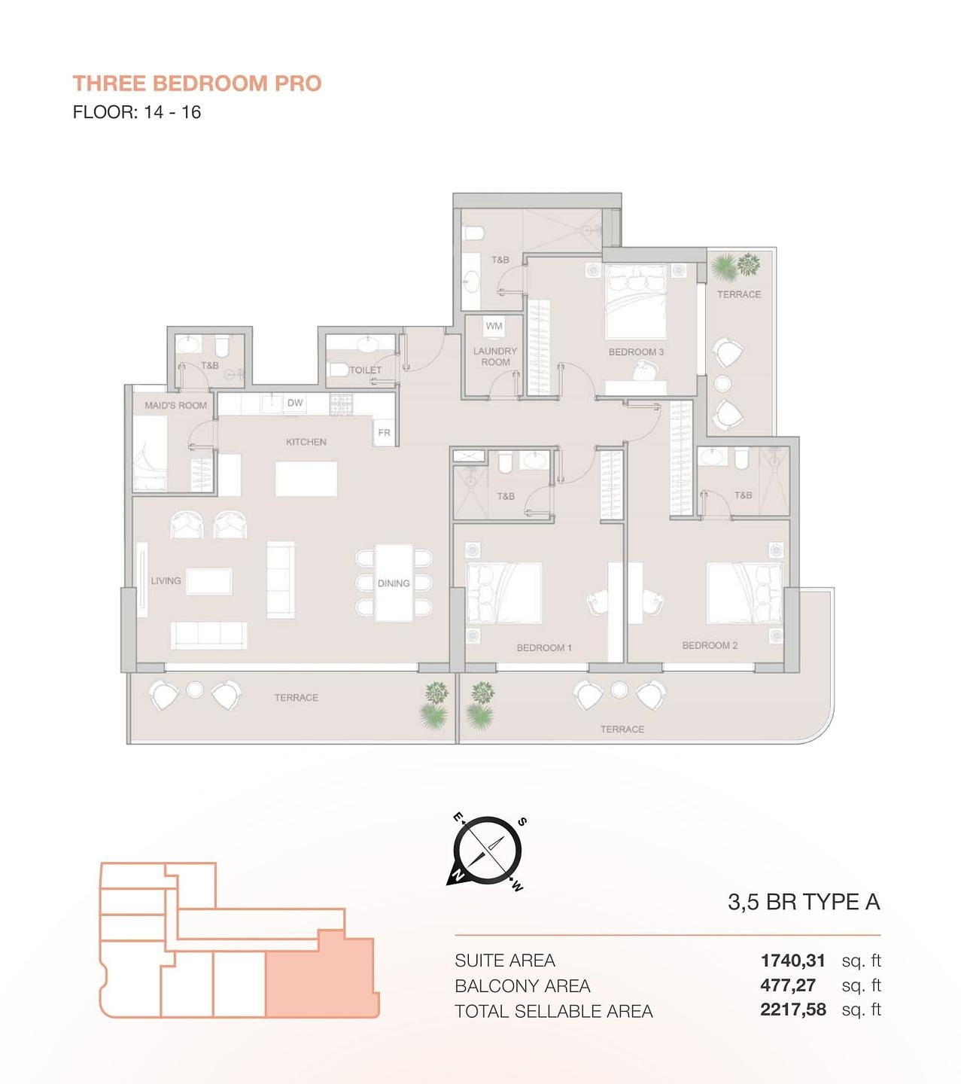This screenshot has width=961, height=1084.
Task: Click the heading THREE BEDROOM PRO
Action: pos(196,83)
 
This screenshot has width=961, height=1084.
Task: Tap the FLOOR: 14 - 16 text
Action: pos(136,112)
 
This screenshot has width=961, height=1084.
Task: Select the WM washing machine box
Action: pos(494,326)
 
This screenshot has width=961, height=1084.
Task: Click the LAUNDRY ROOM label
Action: pos(495,356)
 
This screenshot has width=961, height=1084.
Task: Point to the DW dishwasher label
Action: pos(295,403)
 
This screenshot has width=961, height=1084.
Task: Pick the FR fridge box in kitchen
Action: pos(384,433)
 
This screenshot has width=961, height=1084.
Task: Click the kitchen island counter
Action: pos(306,479)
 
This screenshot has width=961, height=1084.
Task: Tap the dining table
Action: pos(394,583)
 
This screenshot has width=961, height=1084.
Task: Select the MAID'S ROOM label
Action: pos(175,405)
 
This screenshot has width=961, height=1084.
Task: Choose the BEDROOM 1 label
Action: pos(544,647)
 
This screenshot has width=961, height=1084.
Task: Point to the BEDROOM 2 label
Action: pos(710,645)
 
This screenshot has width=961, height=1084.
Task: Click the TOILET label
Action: pos(366,370)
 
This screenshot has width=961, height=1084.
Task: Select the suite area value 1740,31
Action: pos(792,961)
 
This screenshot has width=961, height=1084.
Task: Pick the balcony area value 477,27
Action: pos(788,985)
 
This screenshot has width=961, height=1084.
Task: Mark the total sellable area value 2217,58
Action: pos(792,1010)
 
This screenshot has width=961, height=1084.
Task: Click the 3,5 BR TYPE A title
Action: pos(803,902)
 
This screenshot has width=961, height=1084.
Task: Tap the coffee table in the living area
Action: pos(209,582)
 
